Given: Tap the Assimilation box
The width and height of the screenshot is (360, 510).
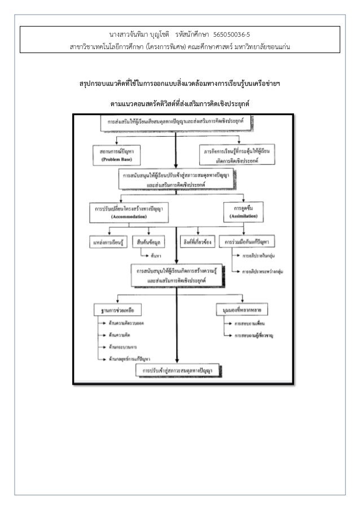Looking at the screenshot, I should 243,211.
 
